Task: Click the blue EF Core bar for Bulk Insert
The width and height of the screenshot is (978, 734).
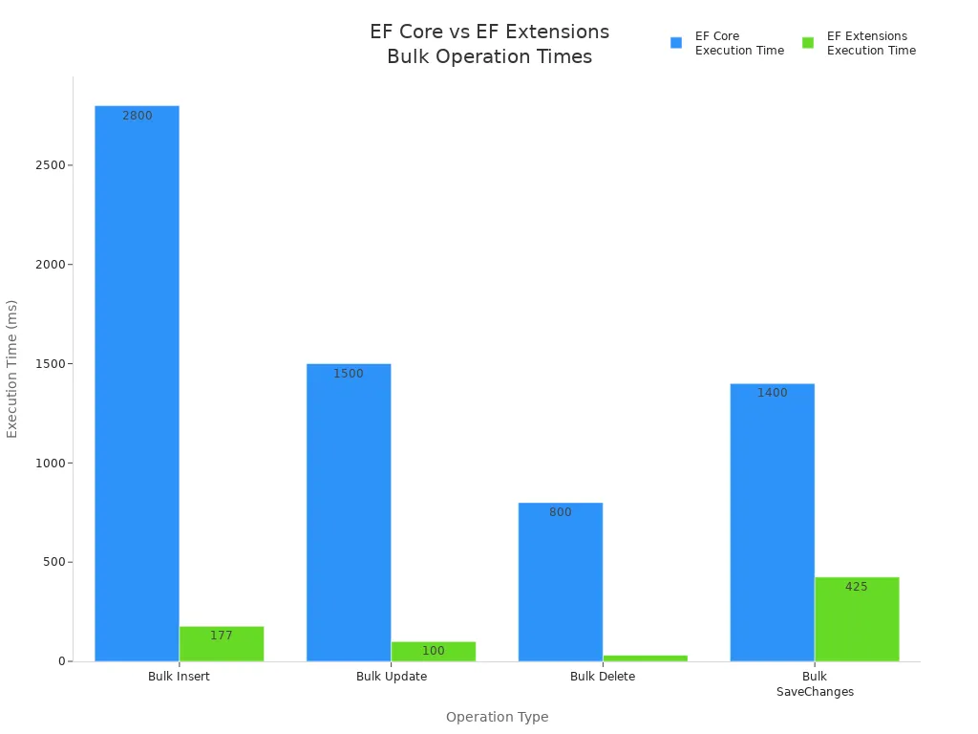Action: (137, 382)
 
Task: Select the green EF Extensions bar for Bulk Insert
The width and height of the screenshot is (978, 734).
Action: (222, 644)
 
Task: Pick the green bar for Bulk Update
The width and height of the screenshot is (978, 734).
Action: (434, 652)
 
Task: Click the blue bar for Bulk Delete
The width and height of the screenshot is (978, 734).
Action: (561, 582)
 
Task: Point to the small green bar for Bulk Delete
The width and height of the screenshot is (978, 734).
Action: (646, 658)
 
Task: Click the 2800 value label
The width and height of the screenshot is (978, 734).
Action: (137, 116)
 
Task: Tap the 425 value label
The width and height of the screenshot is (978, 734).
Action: (857, 587)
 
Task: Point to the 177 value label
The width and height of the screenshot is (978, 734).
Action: (222, 636)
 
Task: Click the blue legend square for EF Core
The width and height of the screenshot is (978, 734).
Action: (676, 43)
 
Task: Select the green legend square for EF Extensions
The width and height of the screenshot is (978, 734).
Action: (808, 43)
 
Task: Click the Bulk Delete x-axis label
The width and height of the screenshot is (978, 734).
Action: (603, 677)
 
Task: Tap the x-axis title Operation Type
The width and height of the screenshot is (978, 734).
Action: (497, 717)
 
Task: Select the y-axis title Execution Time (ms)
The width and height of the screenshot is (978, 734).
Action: (12, 369)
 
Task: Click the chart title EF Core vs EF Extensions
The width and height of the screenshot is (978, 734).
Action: (489, 32)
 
